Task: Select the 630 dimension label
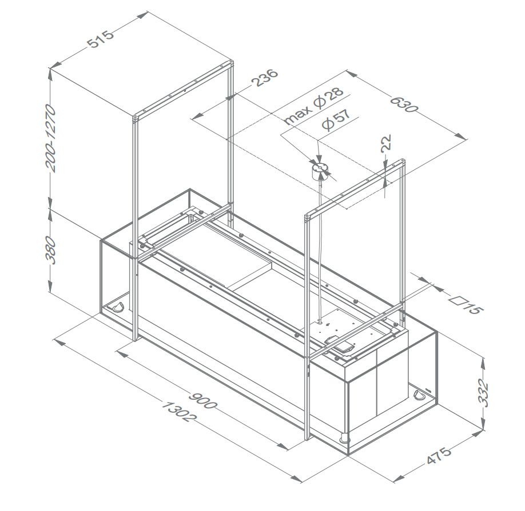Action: point(404,104)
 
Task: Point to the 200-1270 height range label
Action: point(51,138)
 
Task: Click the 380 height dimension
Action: point(51,250)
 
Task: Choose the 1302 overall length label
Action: point(179,412)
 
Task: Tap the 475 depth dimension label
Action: point(439,456)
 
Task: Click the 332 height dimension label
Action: point(483,392)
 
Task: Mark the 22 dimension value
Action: point(386,143)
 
